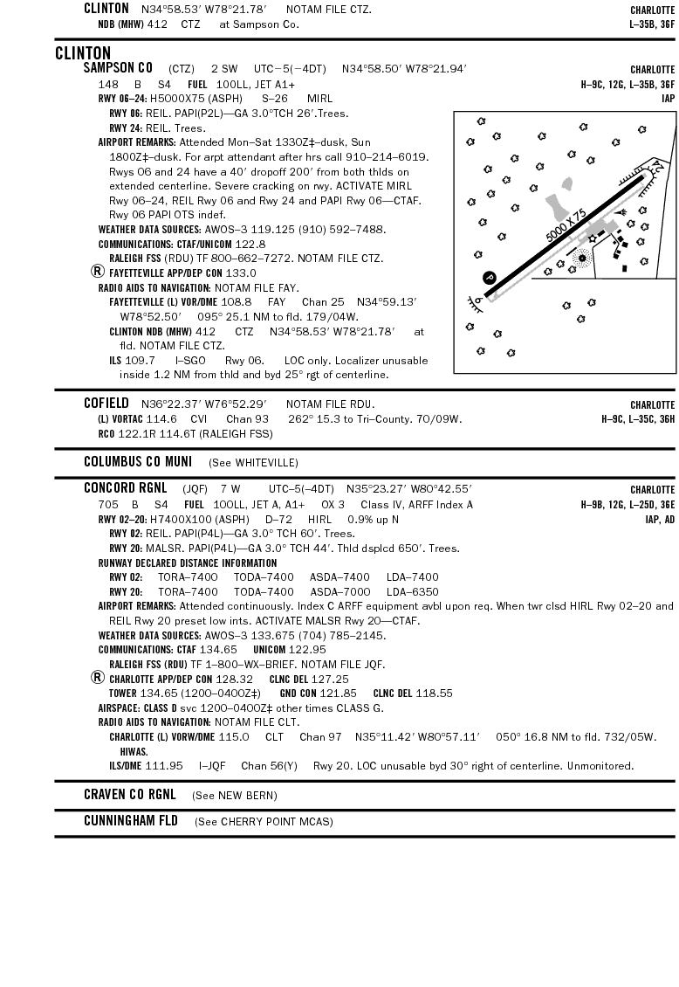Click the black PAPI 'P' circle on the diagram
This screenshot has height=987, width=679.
coord(490,278)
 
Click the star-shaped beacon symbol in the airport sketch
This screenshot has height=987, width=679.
coord(593,237)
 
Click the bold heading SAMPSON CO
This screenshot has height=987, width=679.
coord(118,68)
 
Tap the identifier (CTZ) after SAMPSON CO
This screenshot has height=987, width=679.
coord(182,68)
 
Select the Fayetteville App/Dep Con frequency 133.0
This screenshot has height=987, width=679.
coord(241,273)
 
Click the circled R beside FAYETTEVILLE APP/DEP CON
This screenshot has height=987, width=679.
coord(98,272)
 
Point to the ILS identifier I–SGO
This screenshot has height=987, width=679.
coord(190,360)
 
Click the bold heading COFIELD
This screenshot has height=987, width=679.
coord(106,404)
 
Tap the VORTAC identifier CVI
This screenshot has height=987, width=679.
coord(199,418)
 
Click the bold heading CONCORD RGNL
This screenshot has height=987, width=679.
coord(125,488)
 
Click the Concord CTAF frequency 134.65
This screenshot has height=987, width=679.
coord(218,650)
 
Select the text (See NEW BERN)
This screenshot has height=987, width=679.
coord(235,795)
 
